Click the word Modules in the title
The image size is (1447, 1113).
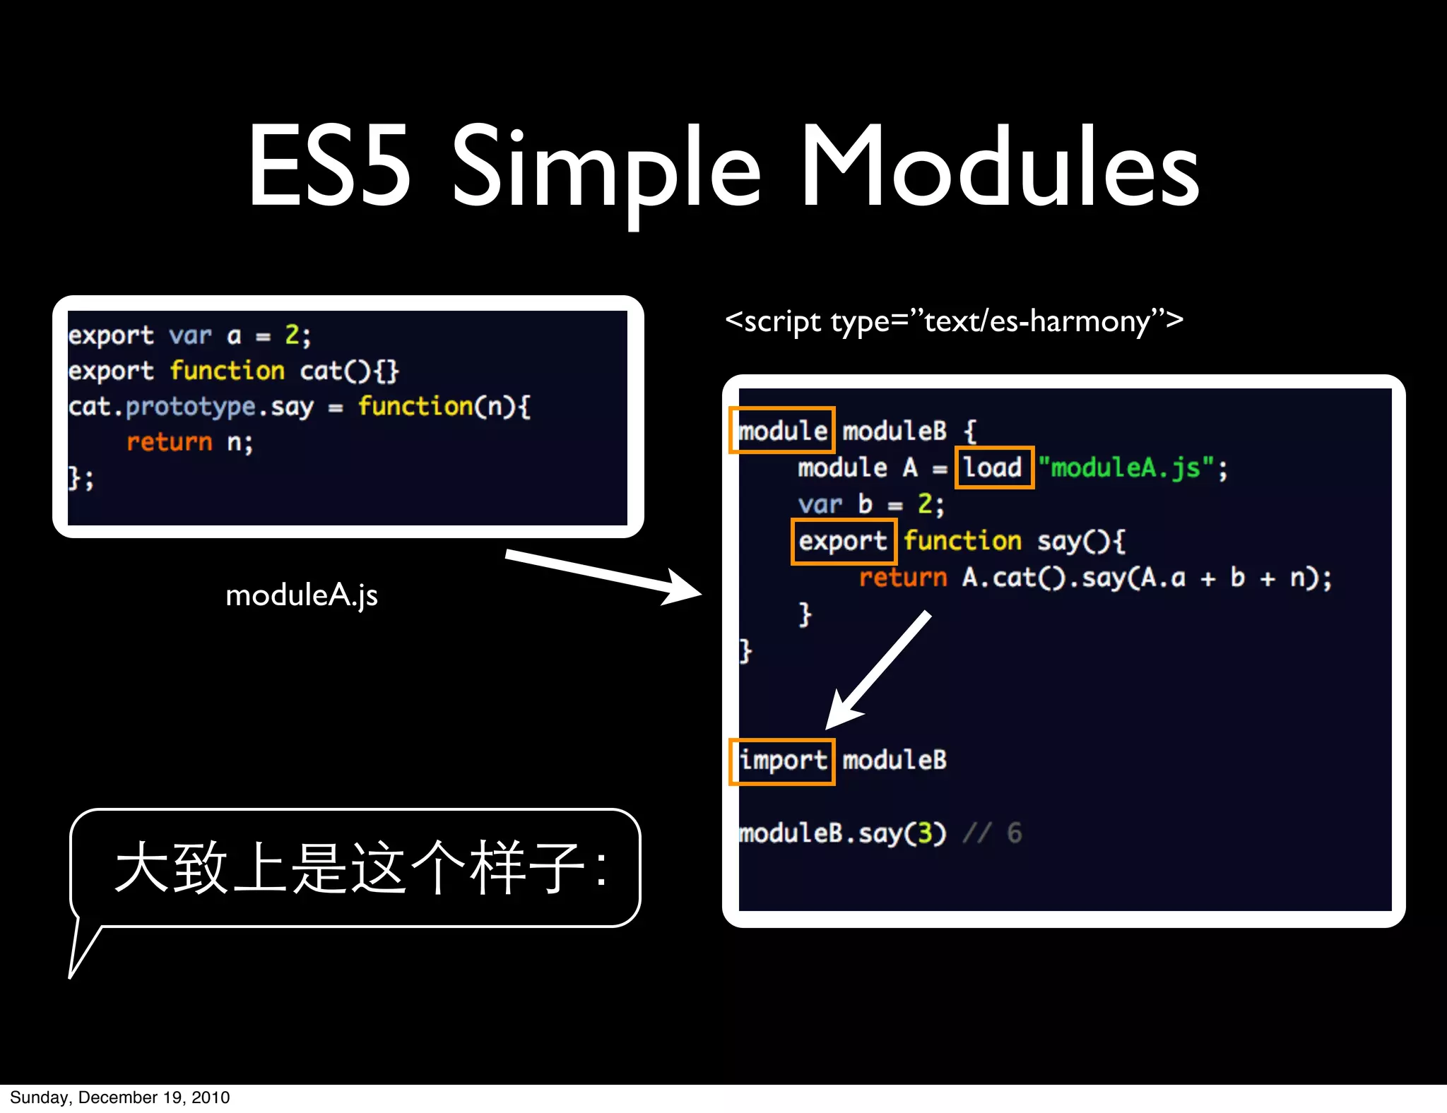[1000, 168]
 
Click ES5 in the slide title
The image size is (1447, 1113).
[329, 168]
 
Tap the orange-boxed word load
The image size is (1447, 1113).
[993, 468]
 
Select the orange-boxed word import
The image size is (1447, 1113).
[782, 761]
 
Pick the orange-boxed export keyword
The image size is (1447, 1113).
[843, 541]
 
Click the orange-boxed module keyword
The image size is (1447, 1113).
[782, 430]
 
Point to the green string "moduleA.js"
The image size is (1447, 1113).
[1128, 468]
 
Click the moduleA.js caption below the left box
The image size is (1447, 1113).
[302, 595]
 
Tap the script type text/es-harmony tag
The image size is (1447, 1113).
[954, 321]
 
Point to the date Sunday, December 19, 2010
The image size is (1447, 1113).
[119, 1097]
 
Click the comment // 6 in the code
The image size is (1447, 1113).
[993, 833]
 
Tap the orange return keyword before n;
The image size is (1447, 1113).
[169, 442]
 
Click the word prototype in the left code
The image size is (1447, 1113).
[191, 407]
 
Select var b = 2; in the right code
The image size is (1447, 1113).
[870, 504]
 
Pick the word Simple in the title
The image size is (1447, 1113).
[606, 168]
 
